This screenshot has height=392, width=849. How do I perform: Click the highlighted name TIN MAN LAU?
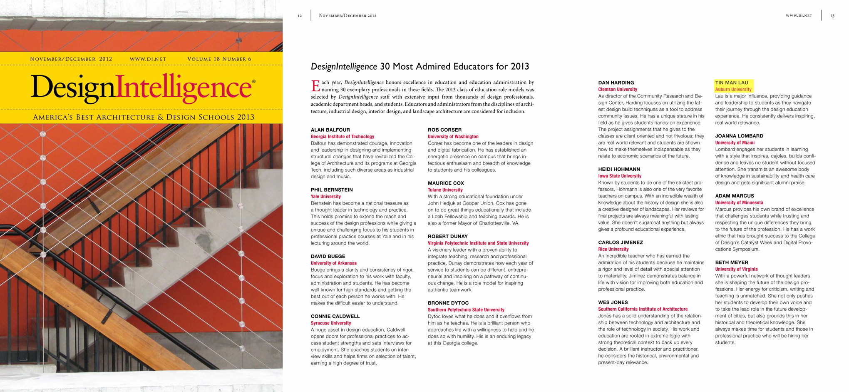732,82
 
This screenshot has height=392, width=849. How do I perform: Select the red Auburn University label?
733,89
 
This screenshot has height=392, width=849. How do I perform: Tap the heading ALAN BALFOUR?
330,130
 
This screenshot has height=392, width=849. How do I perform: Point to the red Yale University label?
325,197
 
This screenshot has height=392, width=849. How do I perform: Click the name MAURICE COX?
446,183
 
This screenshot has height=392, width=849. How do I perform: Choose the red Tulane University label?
445,190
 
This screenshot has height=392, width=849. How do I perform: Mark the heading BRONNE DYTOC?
448,303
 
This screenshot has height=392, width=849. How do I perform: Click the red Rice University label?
613,249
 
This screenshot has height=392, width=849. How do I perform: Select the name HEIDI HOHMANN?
619,169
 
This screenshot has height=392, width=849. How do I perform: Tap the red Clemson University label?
618,89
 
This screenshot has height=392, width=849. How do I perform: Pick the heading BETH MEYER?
732,262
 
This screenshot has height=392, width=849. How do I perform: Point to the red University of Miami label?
735,142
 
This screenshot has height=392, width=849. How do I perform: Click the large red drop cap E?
315,86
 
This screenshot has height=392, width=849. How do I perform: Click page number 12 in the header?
300,16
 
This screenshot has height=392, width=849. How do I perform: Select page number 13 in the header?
832,16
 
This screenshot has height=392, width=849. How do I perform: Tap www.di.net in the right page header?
799,16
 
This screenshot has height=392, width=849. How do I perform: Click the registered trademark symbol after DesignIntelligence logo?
254,82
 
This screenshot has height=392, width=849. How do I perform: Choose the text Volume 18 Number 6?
219,59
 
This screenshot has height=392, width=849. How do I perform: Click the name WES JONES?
613,302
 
